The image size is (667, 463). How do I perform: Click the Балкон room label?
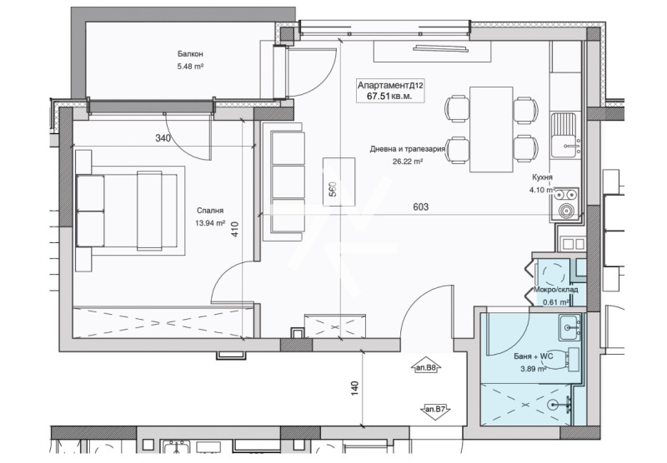(190, 54)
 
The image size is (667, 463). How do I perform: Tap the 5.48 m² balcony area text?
(190, 67)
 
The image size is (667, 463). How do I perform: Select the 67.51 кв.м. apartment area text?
(389, 97)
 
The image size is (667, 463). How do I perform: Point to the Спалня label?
(210, 211)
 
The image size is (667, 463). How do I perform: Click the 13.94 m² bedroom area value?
(210, 222)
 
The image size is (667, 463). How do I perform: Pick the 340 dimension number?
(163, 138)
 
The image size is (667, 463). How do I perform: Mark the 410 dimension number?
(235, 229)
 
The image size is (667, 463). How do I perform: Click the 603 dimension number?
(421, 207)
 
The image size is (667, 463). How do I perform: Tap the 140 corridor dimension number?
(355, 388)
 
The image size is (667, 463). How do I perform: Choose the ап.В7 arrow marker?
(435, 411)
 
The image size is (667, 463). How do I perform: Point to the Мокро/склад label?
(556, 290)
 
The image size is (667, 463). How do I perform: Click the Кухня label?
(543, 177)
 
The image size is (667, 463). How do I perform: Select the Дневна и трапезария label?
(408, 149)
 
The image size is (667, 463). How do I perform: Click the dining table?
(491, 130)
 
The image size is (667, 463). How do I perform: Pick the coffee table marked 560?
(339, 182)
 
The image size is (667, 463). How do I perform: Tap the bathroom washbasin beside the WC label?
(569, 327)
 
